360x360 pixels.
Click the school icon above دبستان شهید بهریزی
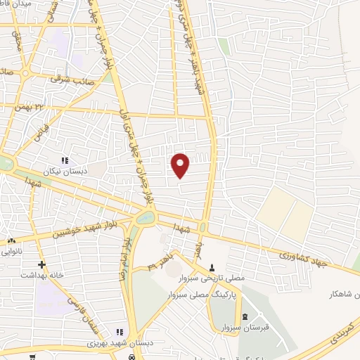click(120, 333)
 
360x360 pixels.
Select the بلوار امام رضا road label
click(125, 257)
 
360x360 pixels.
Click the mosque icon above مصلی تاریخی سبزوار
click(212, 268)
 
